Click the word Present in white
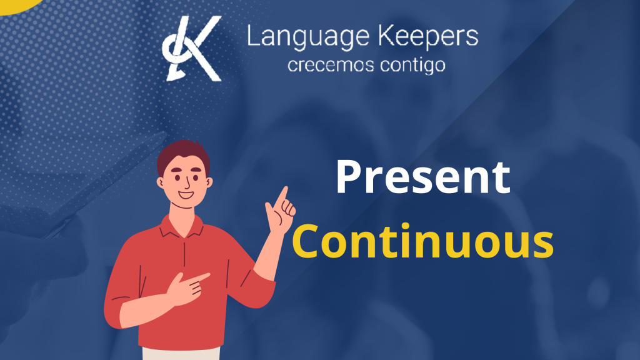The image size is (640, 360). [x=423, y=177]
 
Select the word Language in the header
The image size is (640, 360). [x=308, y=37]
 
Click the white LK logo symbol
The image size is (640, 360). [x=192, y=48]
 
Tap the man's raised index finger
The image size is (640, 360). [x=282, y=195]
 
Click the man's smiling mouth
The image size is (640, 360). [x=186, y=194]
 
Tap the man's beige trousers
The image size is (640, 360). [x=181, y=354]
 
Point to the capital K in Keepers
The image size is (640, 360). [x=387, y=35]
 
